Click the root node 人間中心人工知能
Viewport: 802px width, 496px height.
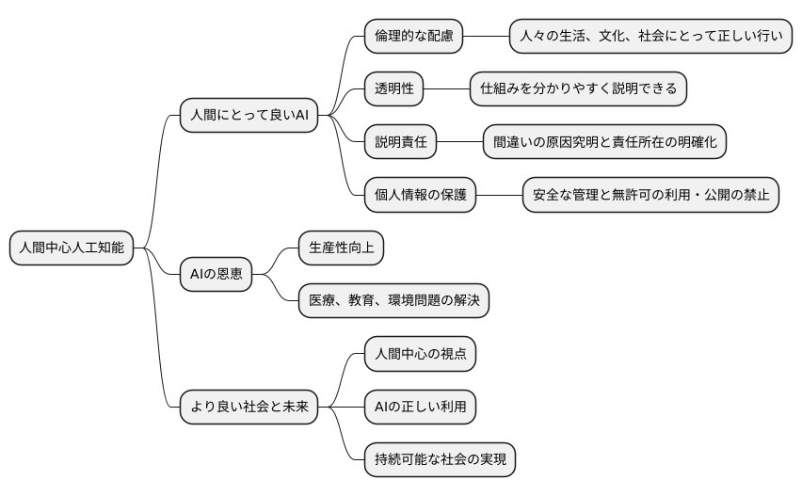click(x=71, y=248)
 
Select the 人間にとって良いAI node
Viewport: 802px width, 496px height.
click(x=249, y=116)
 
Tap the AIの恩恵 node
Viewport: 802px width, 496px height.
click(x=216, y=275)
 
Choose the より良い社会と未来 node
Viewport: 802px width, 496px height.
click(x=249, y=408)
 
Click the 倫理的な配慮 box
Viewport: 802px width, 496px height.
click(x=414, y=37)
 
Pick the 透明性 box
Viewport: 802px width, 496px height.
click(x=394, y=89)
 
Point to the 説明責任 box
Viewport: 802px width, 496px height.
click(x=401, y=142)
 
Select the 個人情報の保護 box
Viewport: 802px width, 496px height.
click(x=420, y=195)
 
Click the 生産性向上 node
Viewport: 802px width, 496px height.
click(x=341, y=248)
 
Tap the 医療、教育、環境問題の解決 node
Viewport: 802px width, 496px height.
click(x=393, y=301)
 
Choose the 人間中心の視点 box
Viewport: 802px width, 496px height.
click(x=420, y=354)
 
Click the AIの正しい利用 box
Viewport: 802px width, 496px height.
click(x=420, y=407)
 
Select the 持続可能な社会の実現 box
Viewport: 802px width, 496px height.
click(x=440, y=460)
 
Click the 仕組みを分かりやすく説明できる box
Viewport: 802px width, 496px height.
click(x=579, y=89)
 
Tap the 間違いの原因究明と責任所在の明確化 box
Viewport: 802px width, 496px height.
click(x=604, y=142)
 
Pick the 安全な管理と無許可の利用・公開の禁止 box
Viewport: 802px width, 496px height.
click(x=650, y=195)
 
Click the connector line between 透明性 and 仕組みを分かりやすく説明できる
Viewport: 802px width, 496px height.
click(x=447, y=89)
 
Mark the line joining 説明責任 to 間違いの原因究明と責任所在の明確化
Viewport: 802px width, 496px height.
click(x=460, y=142)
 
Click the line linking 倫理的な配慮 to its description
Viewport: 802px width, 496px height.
click(x=487, y=37)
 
